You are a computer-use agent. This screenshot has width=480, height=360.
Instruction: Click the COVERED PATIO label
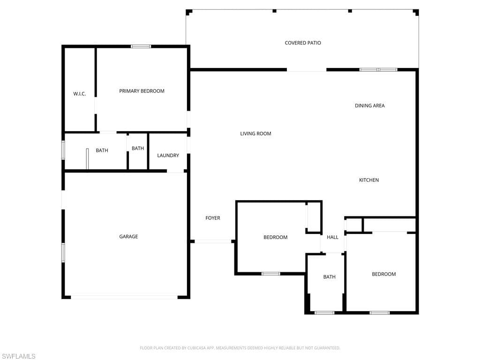point(303,43)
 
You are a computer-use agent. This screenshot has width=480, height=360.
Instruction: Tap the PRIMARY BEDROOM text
point(142,91)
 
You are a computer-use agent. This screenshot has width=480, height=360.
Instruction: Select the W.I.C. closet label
point(80,94)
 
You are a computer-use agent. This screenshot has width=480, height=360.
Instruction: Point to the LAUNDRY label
point(168,156)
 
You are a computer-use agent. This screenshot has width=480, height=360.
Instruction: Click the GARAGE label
point(128,236)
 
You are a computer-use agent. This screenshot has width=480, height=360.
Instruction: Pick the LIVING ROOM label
point(255,134)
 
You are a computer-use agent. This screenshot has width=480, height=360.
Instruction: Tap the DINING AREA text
point(370,105)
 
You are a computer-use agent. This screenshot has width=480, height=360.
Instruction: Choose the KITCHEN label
point(369,180)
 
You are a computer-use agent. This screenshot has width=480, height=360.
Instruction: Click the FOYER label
point(213,218)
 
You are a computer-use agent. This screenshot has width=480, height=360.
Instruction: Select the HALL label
point(332,237)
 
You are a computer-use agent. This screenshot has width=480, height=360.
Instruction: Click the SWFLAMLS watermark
point(18,356)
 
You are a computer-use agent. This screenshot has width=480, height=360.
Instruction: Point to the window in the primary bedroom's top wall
point(141,46)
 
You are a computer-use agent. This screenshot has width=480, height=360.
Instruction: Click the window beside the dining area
point(378,70)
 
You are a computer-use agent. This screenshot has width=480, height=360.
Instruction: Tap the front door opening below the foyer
point(213,241)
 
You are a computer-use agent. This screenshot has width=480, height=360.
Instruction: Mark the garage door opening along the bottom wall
point(124,297)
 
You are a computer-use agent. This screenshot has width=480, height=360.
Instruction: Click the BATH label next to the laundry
point(138,149)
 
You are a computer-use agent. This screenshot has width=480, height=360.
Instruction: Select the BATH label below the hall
point(330,277)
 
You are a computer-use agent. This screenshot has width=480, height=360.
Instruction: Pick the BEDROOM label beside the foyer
point(276,237)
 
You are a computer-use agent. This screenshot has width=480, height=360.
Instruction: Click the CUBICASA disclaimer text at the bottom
point(240,348)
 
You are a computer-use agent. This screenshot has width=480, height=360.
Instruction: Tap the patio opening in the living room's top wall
point(307,70)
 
